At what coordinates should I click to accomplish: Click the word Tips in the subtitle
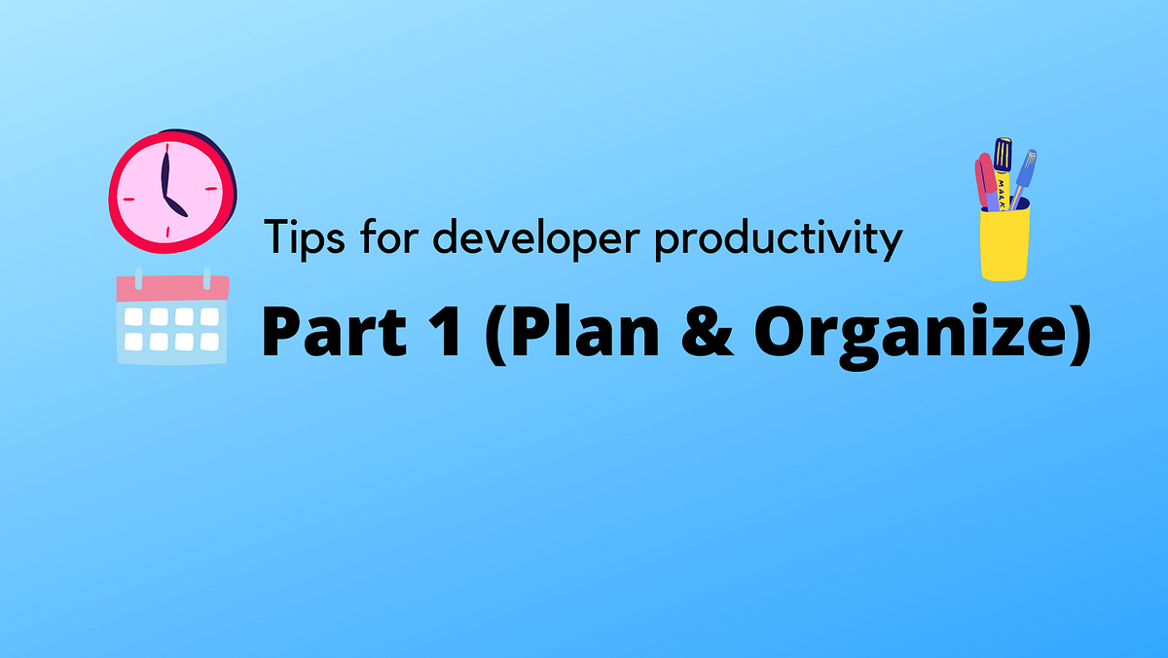(x=298, y=238)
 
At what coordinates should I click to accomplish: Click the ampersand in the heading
(x=712, y=333)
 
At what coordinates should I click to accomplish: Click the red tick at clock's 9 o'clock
(x=124, y=189)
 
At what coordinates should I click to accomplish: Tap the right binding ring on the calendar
(x=206, y=277)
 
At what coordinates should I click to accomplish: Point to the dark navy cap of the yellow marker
(x=1003, y=154)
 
